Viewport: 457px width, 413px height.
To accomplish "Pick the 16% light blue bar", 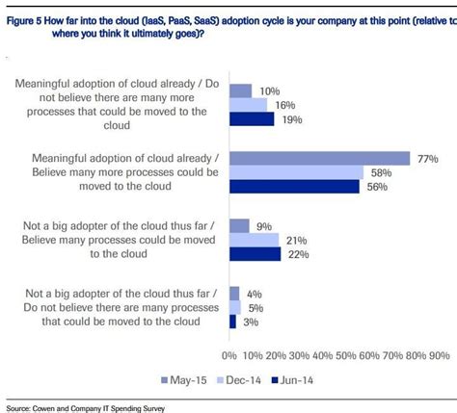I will point(248,104).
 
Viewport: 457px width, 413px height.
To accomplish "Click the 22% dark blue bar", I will point(255,253).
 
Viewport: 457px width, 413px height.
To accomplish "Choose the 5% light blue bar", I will point(234,307).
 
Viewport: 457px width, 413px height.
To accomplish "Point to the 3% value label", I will point(248,322).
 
